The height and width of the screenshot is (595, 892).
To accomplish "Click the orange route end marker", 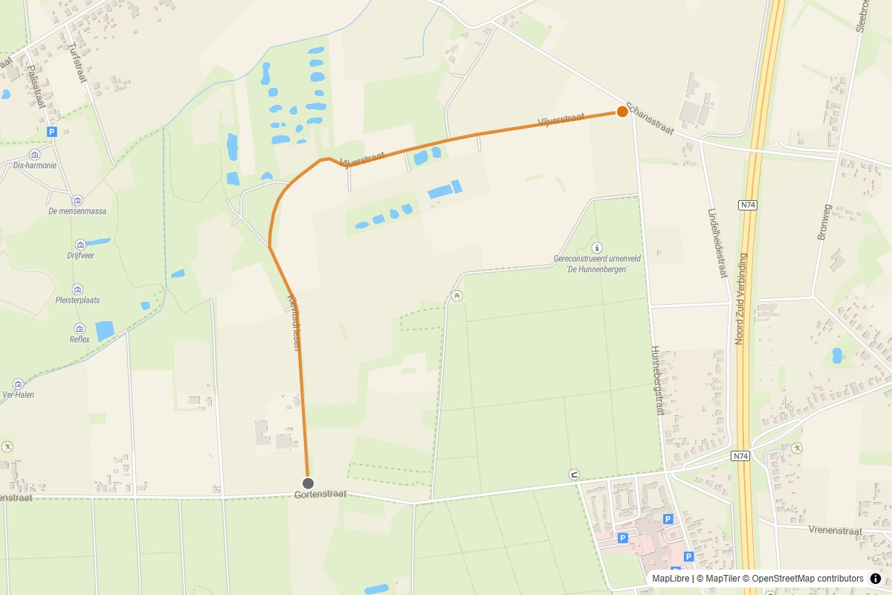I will (622, 112).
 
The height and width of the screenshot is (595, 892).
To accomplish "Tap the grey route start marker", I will (308, 483).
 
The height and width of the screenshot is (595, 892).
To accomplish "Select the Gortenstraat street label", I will (320, 495).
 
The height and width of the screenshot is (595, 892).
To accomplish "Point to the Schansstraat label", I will (650, 119).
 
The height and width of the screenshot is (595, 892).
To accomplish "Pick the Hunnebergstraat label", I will (656, 380).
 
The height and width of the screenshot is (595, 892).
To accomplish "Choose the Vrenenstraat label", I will (835, 531).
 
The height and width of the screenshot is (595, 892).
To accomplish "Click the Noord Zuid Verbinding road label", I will (740, 298).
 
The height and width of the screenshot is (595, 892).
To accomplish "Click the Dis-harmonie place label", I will (35, 166).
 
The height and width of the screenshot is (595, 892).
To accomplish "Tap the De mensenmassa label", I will (77, 211).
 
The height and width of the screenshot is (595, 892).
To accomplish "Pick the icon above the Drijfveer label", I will (80, 244).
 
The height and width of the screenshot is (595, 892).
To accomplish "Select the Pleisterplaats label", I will (77, 300).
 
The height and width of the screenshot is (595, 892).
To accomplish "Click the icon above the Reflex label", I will (80, 328).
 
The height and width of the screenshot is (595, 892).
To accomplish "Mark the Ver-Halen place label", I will (19, 395).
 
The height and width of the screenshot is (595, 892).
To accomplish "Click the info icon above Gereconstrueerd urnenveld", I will (596, 248).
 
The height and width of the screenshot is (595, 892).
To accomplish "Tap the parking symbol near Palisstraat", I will (51, 132).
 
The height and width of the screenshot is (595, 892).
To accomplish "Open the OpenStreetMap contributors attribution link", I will (807, 579).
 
